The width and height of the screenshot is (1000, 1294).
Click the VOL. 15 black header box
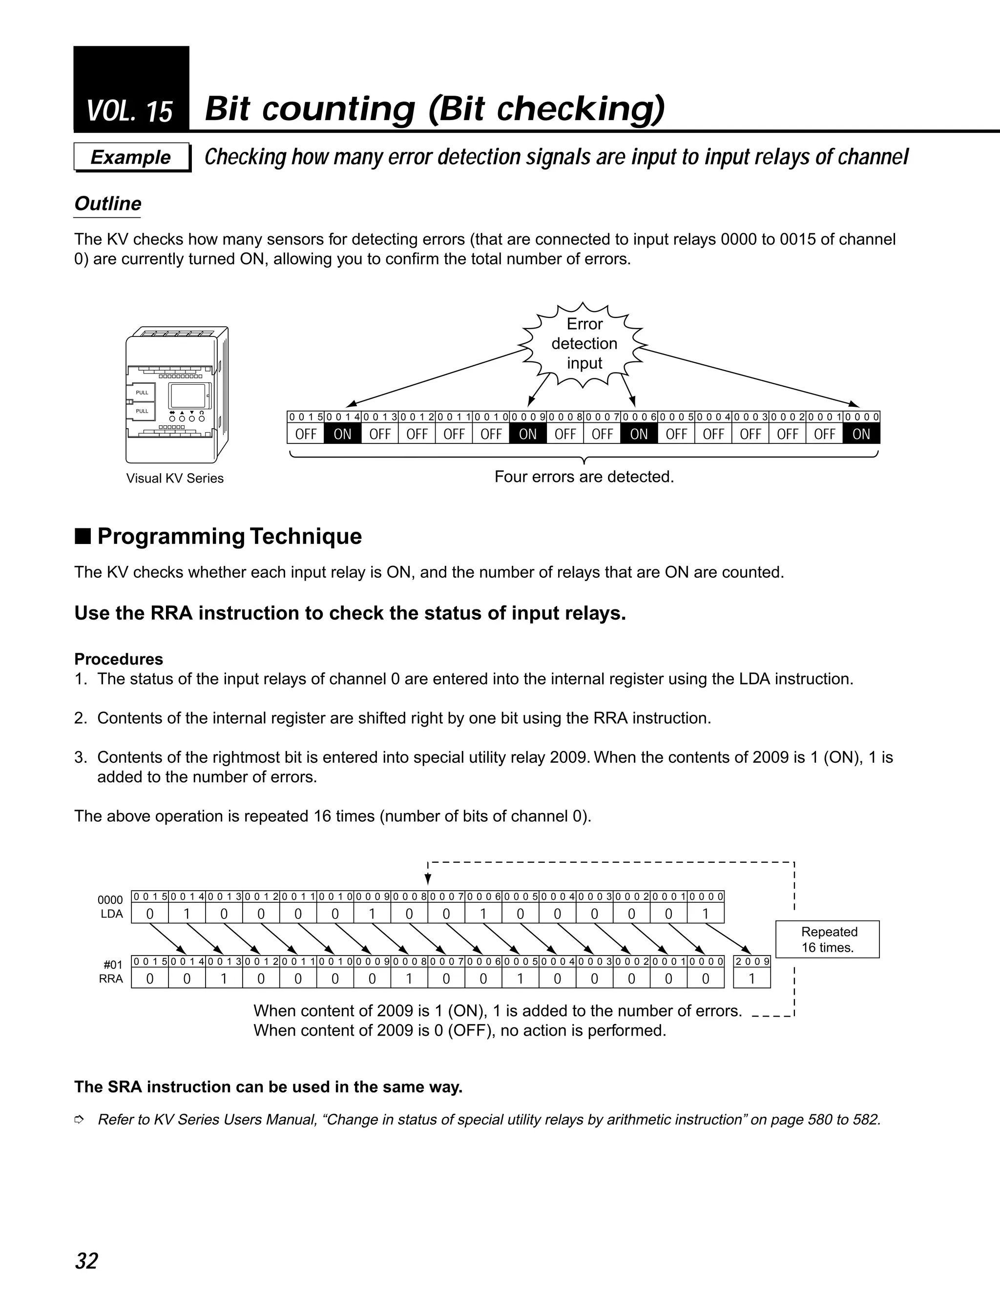coord(131,89)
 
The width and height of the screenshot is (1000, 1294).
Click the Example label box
coord(131,157)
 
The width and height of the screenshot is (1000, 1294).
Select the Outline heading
coord(108,204)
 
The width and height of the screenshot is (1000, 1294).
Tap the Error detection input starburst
coord(583,344)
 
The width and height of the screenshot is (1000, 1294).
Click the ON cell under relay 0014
coord(342,434)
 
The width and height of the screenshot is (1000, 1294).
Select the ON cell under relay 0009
coord(527,434)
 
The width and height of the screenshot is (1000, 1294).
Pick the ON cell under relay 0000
coord(861,434)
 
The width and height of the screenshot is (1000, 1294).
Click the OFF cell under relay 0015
coord(306,434)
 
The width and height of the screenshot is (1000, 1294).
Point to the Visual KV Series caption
coord(175,479)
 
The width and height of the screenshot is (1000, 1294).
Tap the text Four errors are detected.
coord(584,477)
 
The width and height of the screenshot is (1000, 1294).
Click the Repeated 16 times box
coord(827,939)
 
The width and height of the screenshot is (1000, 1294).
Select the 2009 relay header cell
coord(752,961)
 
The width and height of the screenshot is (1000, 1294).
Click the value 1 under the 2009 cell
coord(752,979)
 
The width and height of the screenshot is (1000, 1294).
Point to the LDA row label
coord(111,914)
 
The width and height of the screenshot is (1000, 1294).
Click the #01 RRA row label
coord(111,972)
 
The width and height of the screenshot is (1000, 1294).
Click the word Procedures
coord(119,659)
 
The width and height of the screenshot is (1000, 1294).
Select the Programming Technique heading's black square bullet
coord(83,536)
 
